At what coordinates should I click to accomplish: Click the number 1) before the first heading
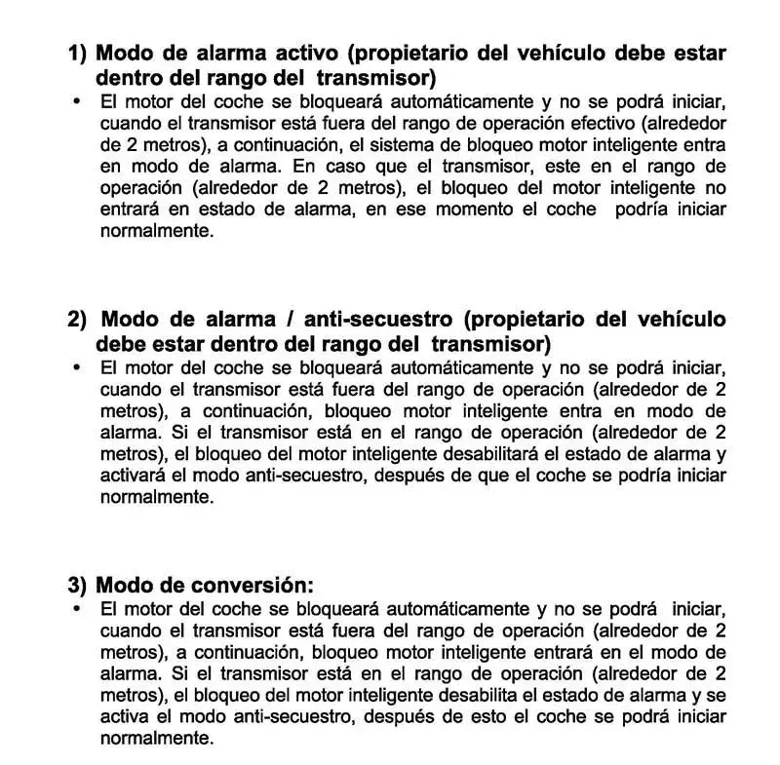[78, 54]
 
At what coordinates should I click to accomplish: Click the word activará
[136, 475]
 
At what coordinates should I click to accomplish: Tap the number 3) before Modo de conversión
[78, 585]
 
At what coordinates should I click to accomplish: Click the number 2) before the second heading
[78, 320]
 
